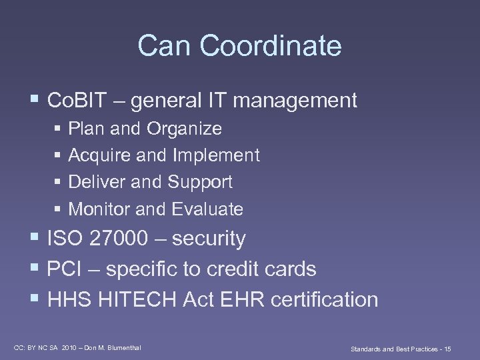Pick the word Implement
(216, 155)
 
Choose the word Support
(200, 182)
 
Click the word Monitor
(99, 209)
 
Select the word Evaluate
(207, 209)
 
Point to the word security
(209, 239)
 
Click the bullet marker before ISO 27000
(35, 239)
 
